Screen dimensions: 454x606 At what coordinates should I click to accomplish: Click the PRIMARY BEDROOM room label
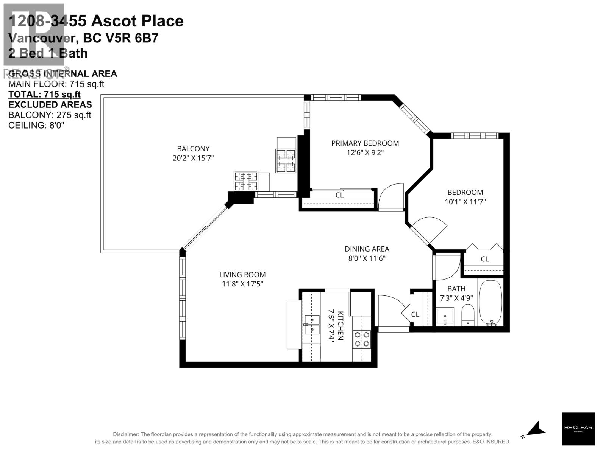point(365,143)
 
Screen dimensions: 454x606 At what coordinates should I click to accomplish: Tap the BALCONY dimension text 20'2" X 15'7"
point(193,158)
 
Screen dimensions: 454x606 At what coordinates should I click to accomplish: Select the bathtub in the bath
point(491,303)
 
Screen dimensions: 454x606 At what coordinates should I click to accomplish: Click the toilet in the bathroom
point(469,316)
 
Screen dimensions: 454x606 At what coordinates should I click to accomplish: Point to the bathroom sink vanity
point(445,317)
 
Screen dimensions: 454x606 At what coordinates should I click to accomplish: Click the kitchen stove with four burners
point(361,339)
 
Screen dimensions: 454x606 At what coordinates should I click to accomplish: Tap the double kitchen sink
point(312,324)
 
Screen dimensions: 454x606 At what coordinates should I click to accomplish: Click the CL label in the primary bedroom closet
point(339,195)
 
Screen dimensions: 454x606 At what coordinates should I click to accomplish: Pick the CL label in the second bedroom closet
point(484,259)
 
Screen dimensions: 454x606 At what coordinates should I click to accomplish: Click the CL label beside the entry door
point(415,314)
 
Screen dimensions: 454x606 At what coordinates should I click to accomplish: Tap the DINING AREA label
point(367,249)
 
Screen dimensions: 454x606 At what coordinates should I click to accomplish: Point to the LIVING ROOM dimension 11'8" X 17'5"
point(242,284)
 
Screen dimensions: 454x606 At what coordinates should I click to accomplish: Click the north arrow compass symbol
point(536,429)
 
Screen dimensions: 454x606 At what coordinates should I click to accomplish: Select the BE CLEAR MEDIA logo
point(578,429)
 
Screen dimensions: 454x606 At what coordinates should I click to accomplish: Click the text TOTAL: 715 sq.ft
point(44,94)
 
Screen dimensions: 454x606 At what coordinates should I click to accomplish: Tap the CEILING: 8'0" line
point(36,125)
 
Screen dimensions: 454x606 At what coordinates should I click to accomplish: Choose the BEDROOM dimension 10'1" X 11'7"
point(465,202)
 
